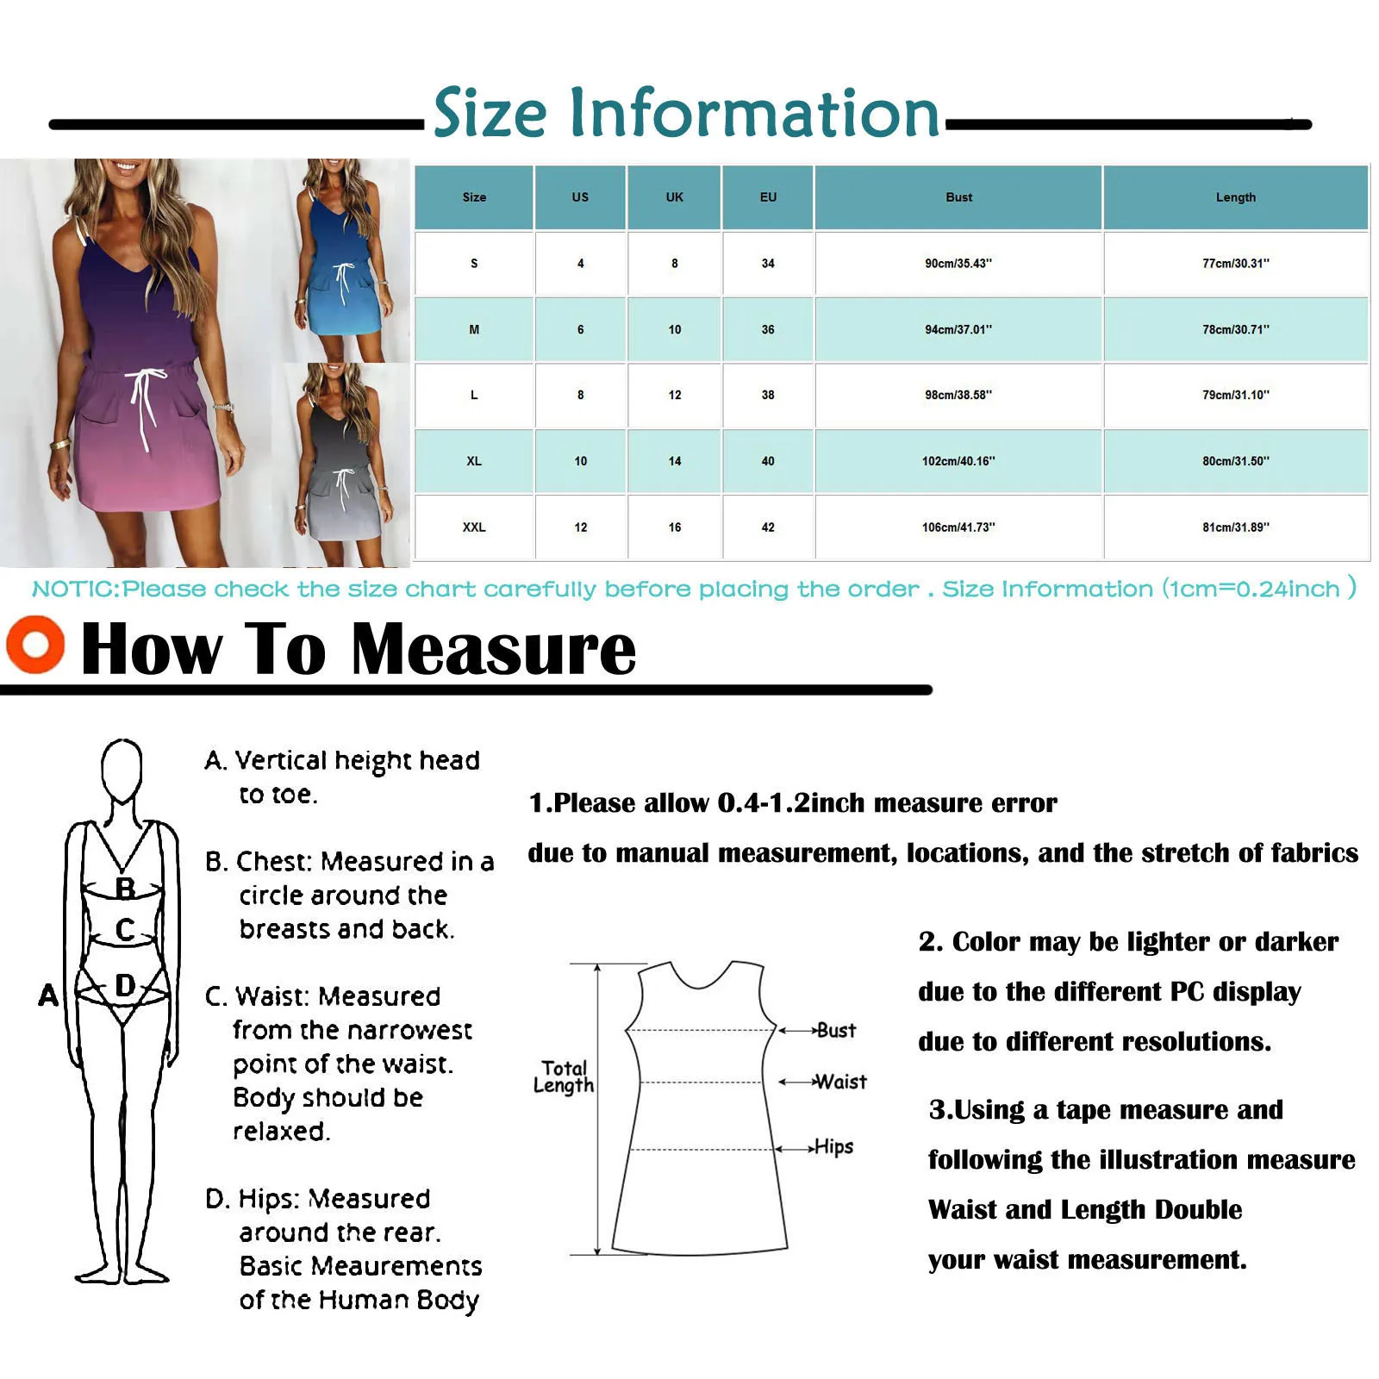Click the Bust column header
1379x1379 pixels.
pyautogui.click(x=958, y=197)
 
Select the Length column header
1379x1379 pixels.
pyautogui.click(x=1235, y=197)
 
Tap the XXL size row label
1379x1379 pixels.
pyautogui.click(x=474, y=527)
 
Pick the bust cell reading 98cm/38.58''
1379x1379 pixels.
pyautogui.click(x=958, y=395)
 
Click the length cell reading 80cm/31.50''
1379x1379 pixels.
pyautogui.click(x=1235, y=461)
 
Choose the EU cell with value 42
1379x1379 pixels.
pyautogui.click(x=768, y=527)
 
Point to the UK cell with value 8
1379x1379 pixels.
pyautogui.click(x=675, y=264)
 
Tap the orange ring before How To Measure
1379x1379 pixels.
pyautogui.click(x=35, y=645)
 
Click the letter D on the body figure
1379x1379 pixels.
pyautogui.click(x=126, y=985)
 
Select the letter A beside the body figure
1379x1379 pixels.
pyautogui.click(x=48, y=995)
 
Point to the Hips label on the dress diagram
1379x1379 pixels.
pyautogui.click(x=833, y=1147)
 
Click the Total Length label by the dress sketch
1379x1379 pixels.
pyautogui.click(x=564, y=1076)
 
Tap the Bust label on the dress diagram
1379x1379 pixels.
pyautogui.click(x=836, y=1030)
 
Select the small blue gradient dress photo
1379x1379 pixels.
pyautogui.click(x=345, y=259)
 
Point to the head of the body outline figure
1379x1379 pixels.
pyautogui.click(x=122, y=769)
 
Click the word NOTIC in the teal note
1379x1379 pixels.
pyautogui.click(x=75, y=590)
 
